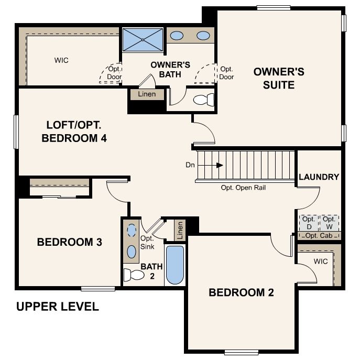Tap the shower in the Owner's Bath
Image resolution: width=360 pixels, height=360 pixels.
(143, 39)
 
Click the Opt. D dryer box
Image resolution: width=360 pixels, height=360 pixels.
(309, 223)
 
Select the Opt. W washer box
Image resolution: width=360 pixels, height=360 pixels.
(329, 223)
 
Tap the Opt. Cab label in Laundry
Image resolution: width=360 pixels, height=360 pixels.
(319, 236)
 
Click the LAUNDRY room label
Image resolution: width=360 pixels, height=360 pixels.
(319, 177)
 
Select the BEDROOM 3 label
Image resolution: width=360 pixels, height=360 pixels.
(69, 243)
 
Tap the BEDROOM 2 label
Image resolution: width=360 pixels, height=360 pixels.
(241, 292)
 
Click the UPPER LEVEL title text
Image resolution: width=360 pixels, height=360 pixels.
(57, 307)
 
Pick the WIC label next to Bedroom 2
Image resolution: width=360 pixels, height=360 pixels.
(321, 260)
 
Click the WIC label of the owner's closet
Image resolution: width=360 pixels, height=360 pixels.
(61, 60)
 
